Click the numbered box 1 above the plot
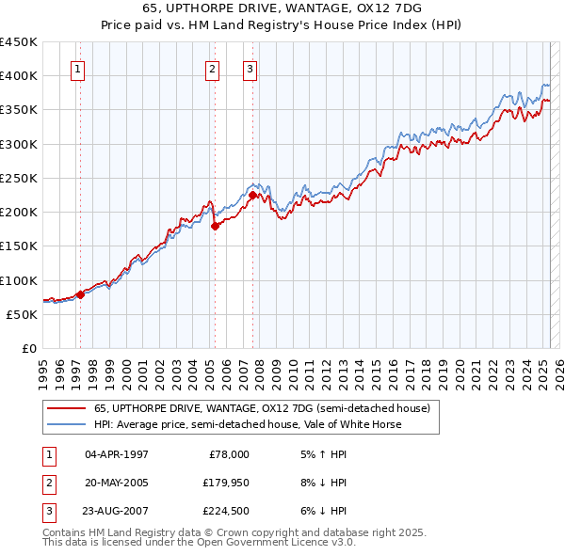tap(76, 68)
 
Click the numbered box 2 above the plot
tap(213, 68)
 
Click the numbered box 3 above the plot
tap(250, 68)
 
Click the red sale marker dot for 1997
tap(80, 294)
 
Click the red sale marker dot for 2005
tap(216, 226)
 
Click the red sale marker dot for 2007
tap(253, 196)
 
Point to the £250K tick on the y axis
tap(20, 178)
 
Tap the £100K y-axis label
tap(20, 280)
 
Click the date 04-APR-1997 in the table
tap(116, 453)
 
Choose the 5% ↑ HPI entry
tap(320, 453)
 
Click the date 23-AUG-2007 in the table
tap(117, 511)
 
